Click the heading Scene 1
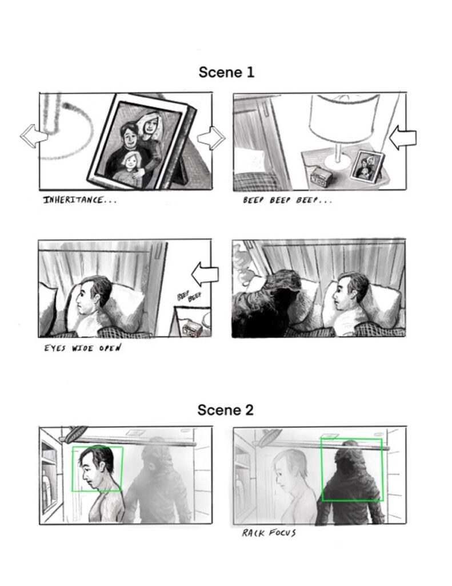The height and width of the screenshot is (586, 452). [x=226, y=72]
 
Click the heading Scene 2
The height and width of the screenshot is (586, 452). [x=226, y=410]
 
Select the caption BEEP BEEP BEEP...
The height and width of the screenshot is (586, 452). [x=287, y=200]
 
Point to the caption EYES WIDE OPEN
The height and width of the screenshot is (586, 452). [x=82, y=349]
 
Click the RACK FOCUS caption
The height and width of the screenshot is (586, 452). [x=269, y=533]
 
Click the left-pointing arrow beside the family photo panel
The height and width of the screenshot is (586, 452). [x=34, y=136]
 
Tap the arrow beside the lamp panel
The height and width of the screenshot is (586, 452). [x=403, y=138]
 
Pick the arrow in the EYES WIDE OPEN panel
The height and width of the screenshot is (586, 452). [x=205, y=275]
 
